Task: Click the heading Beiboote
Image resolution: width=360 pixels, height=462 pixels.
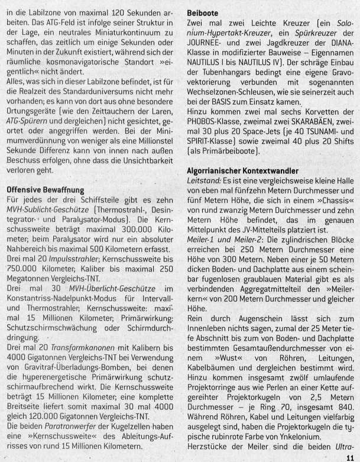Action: pos(203,11)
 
